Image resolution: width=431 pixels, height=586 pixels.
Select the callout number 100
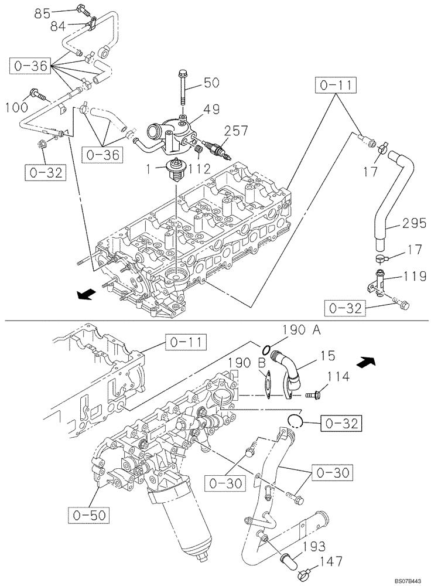click(16, 107)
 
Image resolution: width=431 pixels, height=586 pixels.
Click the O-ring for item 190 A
click(266, 350)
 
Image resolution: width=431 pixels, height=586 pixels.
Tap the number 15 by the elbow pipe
click(327, 355)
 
